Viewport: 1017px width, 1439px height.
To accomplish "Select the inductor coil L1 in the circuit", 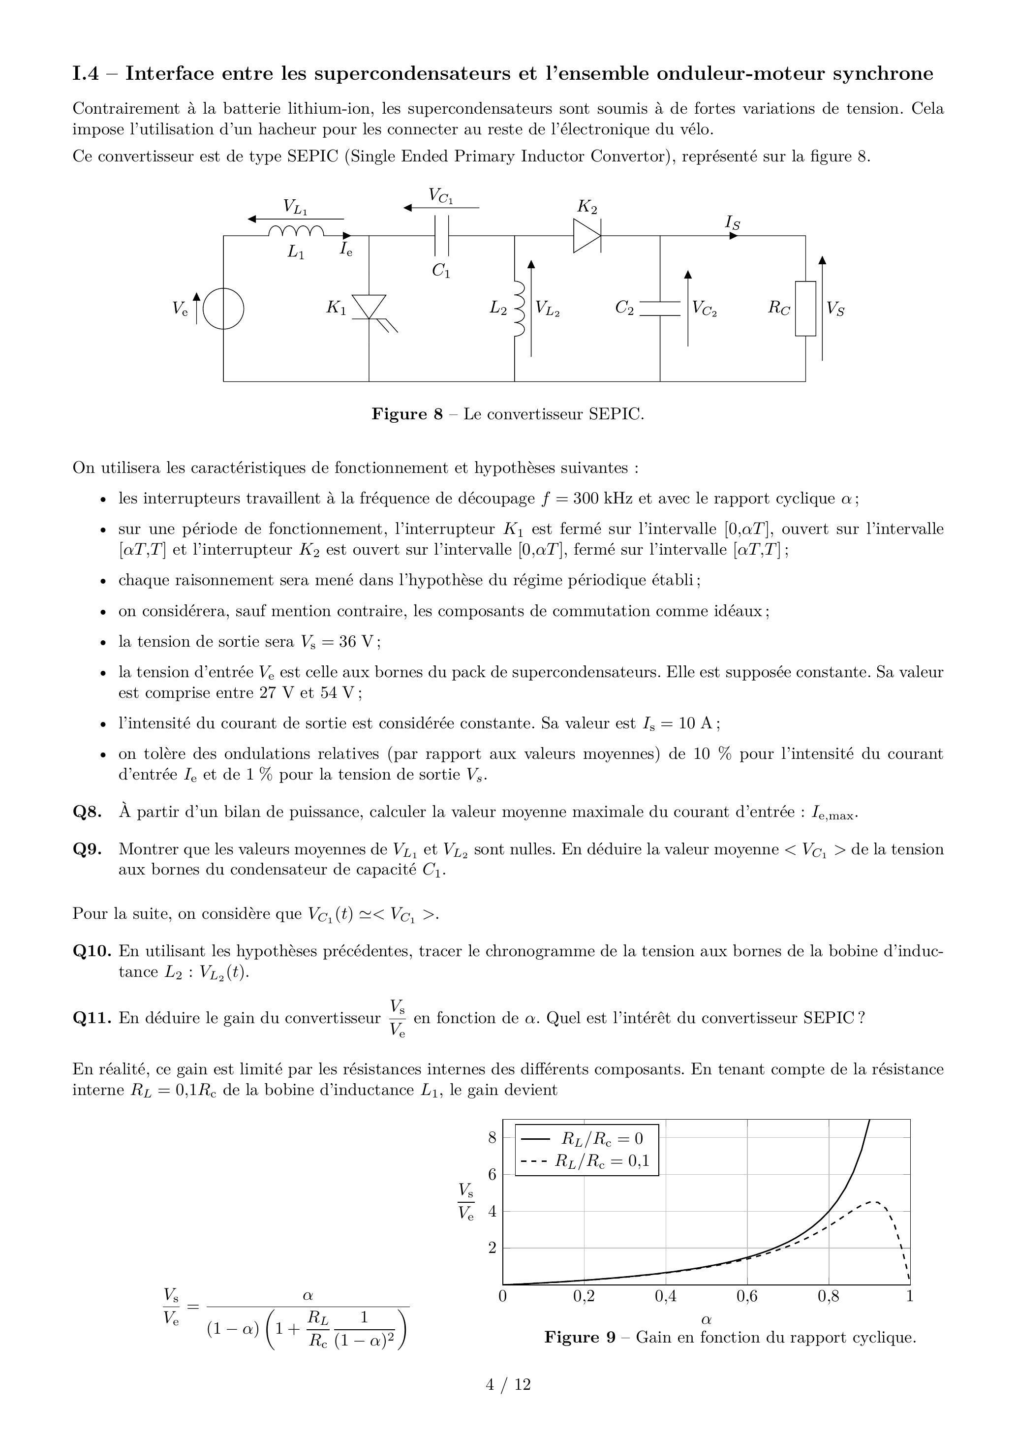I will coord(296,232).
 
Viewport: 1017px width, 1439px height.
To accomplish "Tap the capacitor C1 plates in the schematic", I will coord(442,236).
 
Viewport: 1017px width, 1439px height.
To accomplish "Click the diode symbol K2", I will coord(587,236).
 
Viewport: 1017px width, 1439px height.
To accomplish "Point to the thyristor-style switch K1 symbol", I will coord(369,308).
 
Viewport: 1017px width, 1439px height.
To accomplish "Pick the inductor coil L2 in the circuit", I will coord(519,309).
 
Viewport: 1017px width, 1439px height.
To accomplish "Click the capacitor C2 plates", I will coord(660,309).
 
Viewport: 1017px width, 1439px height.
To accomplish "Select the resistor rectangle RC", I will coord(805,309).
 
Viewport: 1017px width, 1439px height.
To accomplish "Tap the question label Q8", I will coord(87,812).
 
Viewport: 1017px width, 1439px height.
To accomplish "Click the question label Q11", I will coord(92,1018).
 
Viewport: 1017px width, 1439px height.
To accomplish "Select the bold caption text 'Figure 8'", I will coord(407,414).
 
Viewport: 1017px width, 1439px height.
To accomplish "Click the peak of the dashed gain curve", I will coord(875,1201).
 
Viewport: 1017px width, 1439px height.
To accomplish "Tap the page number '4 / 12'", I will coord(508,1384).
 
